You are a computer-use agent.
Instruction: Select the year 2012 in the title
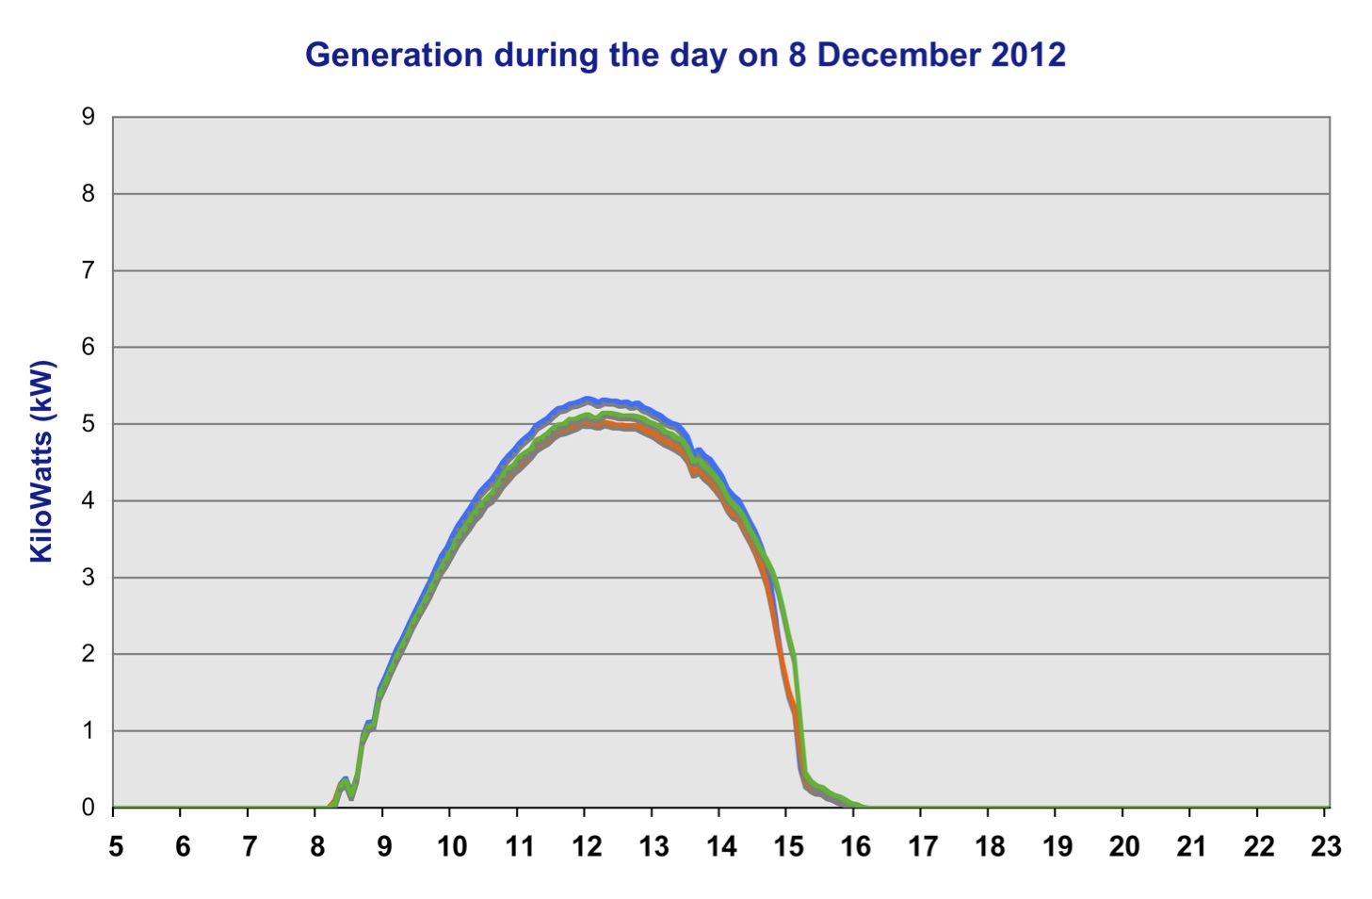point(1028,55)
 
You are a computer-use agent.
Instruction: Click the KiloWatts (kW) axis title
point(41,462)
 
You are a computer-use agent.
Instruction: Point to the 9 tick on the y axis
point(89,117)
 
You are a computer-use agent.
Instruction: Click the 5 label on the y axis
point(89,424)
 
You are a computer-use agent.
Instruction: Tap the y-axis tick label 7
point(89,270)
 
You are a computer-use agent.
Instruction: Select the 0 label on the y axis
point(89,808)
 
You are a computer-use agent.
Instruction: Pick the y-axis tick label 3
point(89,578)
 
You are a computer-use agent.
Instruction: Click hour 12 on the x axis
point(586,846)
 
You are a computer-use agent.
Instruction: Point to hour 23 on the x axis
point(1326,846)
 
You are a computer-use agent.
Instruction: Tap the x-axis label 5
point(116,846)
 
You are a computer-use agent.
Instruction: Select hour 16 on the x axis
point(855,846)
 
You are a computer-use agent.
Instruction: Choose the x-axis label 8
point(317,846)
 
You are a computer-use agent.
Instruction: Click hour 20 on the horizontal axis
point(1124,846)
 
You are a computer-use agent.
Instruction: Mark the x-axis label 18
point(990,846)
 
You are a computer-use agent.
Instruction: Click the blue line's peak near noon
point(586,400)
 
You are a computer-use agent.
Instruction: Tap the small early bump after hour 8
point(345,781)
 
